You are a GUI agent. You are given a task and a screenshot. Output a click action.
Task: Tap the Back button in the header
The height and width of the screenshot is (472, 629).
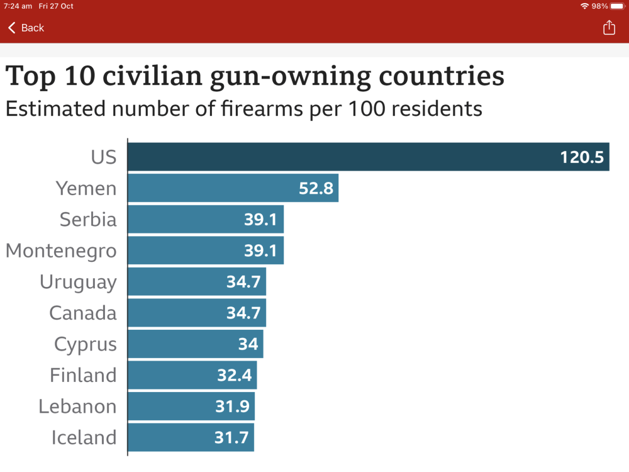tap(26, 28)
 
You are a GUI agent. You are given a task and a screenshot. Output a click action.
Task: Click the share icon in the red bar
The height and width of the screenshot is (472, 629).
tap(609, 28)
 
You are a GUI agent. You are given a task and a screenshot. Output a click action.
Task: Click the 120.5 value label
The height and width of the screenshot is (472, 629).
tap(582, 157)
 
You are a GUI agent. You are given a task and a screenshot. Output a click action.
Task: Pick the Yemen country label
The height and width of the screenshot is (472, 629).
tap(86, 188)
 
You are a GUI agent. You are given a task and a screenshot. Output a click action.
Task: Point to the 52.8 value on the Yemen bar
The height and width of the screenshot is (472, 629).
tap(316, 188)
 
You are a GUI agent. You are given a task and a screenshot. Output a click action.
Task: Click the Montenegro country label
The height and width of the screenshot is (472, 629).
tap(61, 250)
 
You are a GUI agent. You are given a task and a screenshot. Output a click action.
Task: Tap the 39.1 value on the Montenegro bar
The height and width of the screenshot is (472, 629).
tap(260, 250)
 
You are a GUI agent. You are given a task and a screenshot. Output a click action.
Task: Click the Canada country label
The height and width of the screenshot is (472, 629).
tap(82, 313)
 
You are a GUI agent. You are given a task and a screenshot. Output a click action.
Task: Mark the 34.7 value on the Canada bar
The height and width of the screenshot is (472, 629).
tap(243, 313)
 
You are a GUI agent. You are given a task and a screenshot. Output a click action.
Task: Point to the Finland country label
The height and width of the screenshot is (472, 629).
tap(83, 375)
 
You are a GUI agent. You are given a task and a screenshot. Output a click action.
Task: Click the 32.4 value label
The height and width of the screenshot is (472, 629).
tap(235, 375)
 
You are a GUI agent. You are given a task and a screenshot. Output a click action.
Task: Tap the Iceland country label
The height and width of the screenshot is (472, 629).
tap(84, 437)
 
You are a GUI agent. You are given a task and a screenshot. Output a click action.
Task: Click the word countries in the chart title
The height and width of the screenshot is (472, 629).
tap(442, 76)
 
